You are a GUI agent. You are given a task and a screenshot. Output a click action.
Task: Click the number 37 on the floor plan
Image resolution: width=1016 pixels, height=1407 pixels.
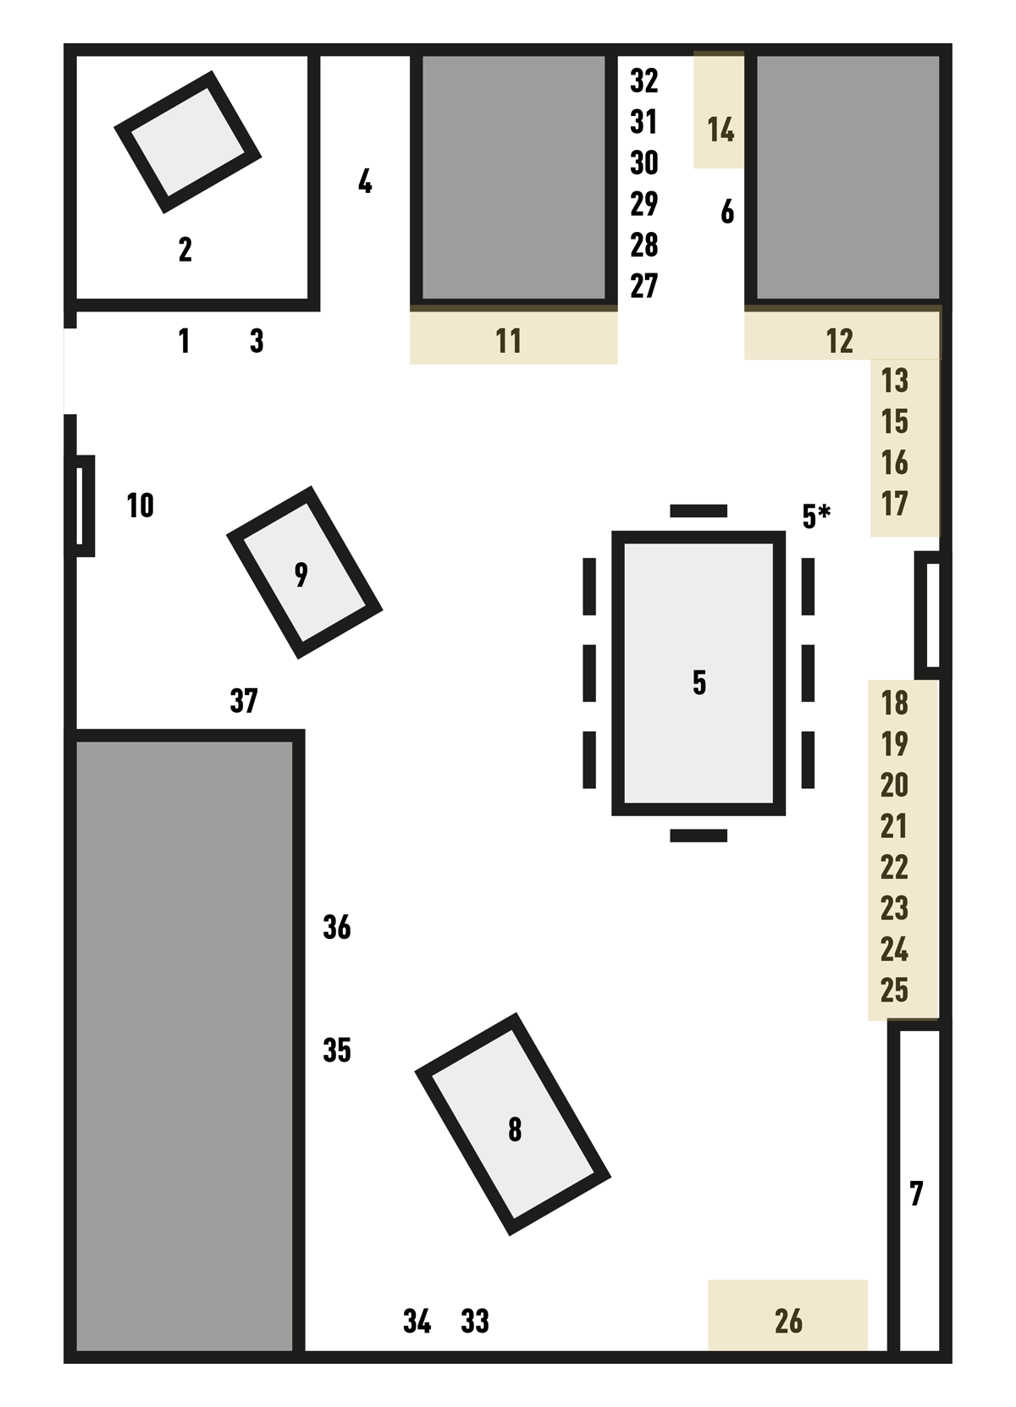coord(244,700)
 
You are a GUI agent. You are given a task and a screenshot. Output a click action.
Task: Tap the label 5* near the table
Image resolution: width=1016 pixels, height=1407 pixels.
coord(816,516)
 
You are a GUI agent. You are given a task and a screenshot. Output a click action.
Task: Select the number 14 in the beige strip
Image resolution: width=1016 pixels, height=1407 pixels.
coord(721,130)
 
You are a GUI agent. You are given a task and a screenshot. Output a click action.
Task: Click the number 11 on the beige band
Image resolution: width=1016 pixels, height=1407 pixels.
coord(508,341)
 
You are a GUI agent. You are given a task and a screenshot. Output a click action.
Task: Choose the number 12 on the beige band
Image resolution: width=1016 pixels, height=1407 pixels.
coord(839,341)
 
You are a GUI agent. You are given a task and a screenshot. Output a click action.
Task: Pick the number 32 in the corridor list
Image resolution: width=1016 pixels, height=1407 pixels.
coord(644,81)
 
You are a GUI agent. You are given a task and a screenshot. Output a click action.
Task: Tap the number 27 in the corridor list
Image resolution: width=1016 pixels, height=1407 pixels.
coord(644,286)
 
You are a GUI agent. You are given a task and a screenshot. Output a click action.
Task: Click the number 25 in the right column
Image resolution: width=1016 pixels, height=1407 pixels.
coord(894,990)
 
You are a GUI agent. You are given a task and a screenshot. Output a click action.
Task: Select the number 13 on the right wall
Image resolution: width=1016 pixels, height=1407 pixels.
coord(895,381)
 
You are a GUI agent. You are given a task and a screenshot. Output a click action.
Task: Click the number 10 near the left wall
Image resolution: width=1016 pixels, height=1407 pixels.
coord(140,505)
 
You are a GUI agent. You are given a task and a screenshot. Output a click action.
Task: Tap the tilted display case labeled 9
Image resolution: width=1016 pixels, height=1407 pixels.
coord(305,572)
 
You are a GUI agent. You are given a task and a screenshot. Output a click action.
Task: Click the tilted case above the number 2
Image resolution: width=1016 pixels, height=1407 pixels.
coord(187,142)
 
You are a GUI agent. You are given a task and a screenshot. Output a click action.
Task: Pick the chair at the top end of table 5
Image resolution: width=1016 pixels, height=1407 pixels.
coord(698,510)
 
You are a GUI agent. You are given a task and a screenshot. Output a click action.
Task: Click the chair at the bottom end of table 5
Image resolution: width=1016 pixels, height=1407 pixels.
coord(698,836)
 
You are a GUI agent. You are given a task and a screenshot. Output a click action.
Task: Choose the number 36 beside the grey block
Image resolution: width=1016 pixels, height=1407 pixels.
coord(337,927)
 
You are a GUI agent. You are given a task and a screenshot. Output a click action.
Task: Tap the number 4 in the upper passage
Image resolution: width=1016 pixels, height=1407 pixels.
coord(365,181)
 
